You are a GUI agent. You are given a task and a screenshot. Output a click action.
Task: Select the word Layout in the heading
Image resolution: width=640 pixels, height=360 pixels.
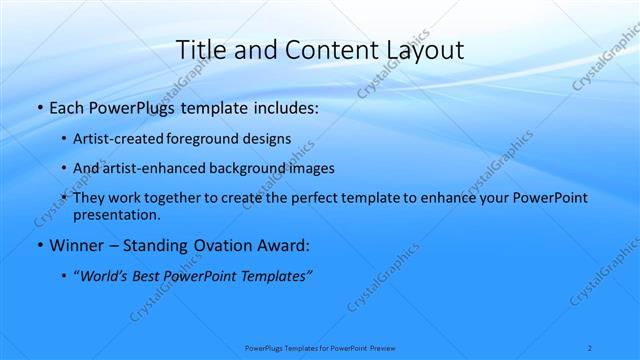click(421, 49)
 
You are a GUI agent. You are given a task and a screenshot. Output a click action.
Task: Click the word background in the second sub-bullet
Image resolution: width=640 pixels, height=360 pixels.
click(247, 168)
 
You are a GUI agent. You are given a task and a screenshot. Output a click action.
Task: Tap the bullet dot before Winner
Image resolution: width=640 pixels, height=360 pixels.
click(39, 245)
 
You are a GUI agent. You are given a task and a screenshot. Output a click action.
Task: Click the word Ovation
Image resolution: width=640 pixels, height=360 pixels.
click(225, 245)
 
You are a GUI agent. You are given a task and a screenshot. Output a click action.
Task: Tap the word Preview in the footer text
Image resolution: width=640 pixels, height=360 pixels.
click(382, 348)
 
